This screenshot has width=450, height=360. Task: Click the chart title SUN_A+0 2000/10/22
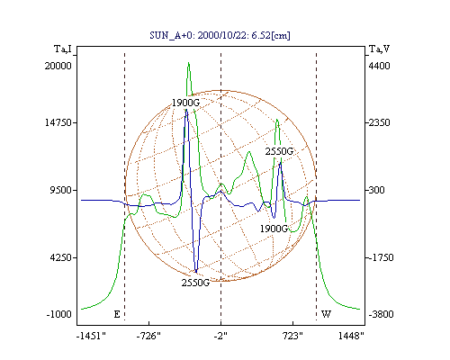[x=220, y=35]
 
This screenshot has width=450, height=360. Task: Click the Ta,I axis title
[x=63, y=49]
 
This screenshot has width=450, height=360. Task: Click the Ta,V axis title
[x=379, y=49]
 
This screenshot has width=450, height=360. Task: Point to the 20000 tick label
[x=58, y=66]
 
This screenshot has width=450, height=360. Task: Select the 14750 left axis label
[x=58, y=122]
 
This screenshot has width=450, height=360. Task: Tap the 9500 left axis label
[x=61, y=190]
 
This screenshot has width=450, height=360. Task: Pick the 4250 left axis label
[x=61, y=257]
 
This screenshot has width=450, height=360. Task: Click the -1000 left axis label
[x=59, y=314]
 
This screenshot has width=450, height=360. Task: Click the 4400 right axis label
[x=379, y=66]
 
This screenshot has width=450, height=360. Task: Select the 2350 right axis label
[x=379, y=122]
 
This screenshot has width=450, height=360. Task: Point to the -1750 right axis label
[x=381, y=257]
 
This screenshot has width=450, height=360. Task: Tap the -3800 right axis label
[x=381, y=314]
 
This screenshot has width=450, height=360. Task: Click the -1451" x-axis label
[x=91, y=336]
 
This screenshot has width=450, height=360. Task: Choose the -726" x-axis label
[x=148, y=336]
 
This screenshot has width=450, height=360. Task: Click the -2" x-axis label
[x=220, y=336]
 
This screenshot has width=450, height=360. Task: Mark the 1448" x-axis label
[x=351, y=336]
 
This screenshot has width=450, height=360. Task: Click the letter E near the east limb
[x=117, y=314]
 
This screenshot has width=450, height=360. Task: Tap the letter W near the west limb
[x=326, y=314]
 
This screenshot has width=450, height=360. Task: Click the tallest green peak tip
[x=188, y=63]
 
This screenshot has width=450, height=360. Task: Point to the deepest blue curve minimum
[x=196, y=272]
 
